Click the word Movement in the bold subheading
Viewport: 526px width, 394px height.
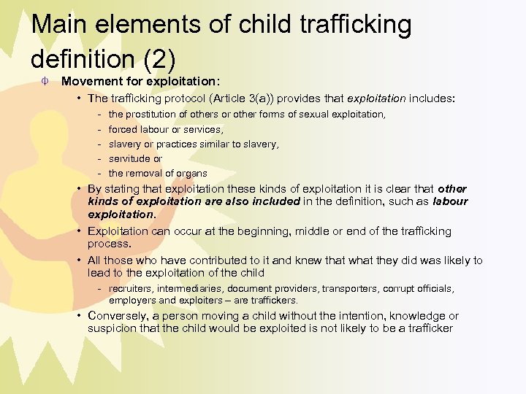pyautogui.click(x=91, y=82)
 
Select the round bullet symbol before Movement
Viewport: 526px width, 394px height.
pyautogui.click(x=45, y=81)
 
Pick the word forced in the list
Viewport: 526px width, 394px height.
pyautogui.click(x=122, y=129)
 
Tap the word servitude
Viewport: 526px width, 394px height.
pyautogui.click(x=129, y=158)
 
